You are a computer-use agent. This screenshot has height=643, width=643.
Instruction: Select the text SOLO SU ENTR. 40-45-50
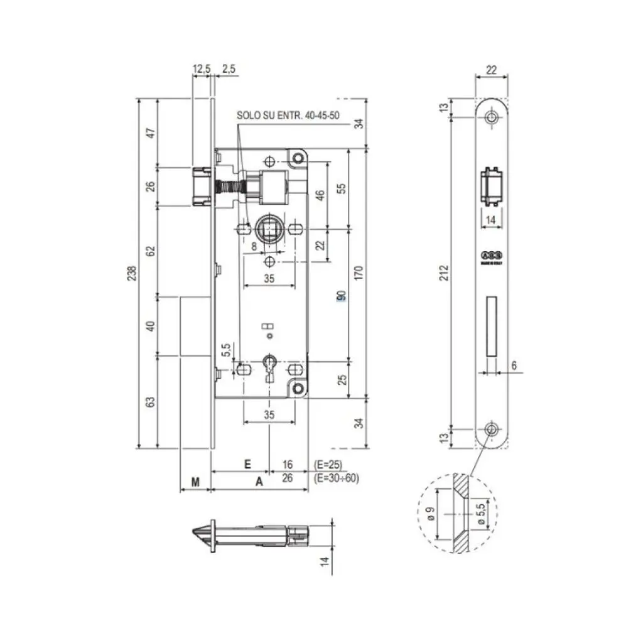coord(287,116)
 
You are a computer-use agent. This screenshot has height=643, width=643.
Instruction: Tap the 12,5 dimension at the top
coord(202,69)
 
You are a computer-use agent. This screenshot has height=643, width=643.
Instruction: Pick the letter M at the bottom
coord(195,482)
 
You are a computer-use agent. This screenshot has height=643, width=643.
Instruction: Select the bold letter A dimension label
coord(258,482)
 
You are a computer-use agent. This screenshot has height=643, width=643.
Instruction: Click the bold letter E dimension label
coord(247,464)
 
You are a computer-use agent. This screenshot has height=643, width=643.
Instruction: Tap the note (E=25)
coord(327,465)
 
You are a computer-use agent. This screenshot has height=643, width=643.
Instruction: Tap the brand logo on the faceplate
coord(492,255)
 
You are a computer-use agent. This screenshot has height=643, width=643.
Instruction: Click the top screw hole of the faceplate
coord(492,116)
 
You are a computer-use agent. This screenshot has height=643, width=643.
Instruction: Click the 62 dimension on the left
coord(149,251)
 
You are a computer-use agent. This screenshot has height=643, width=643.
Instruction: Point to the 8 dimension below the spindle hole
coord(254,247)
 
